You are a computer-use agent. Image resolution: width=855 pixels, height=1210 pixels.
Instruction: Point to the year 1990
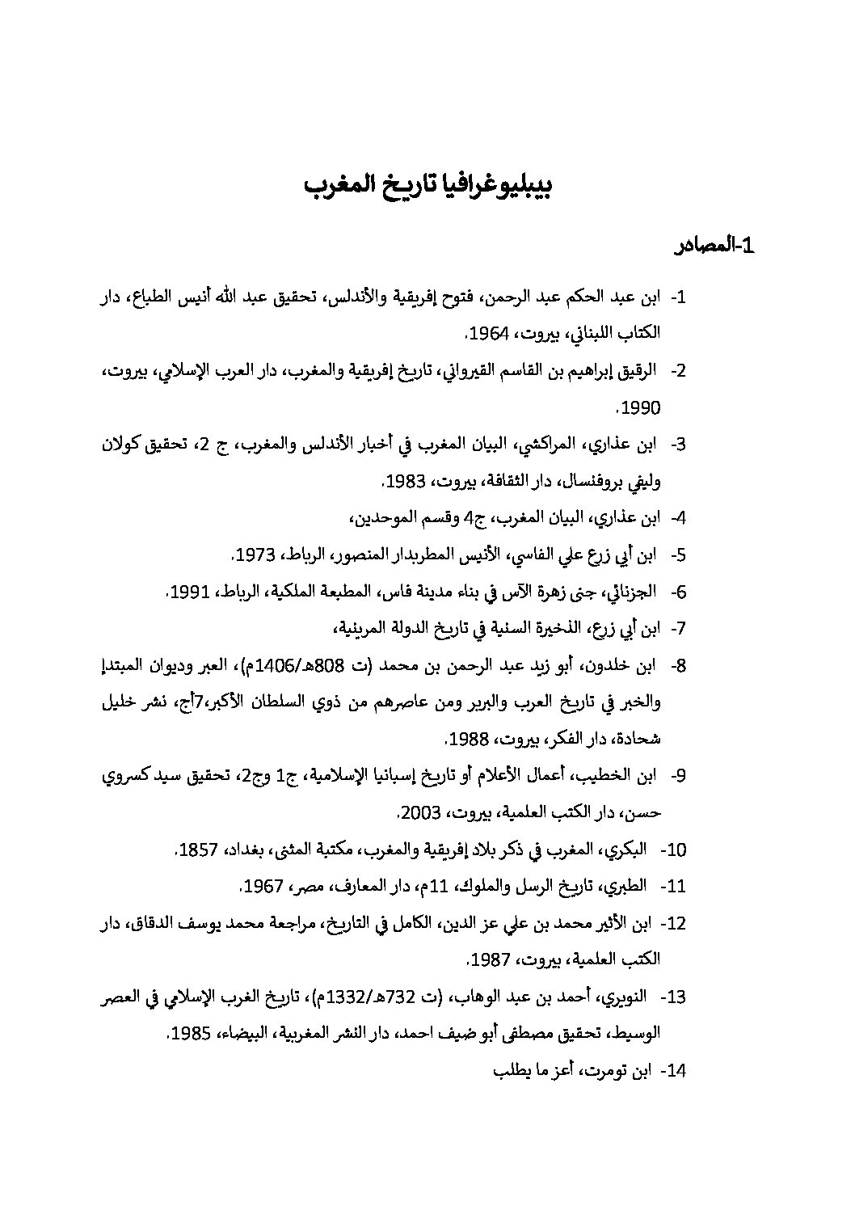point(643,408)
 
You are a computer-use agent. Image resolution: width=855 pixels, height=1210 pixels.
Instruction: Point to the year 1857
point(199,850)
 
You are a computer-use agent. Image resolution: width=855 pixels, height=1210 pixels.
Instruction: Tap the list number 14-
point(673,1072)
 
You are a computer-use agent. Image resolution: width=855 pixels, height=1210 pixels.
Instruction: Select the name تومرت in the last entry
point(600,1072)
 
